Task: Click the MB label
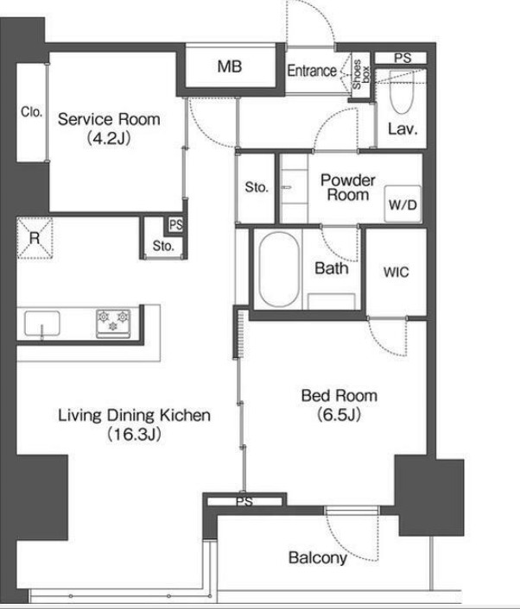click(x=230, y=66)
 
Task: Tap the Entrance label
click(x=312, y=71)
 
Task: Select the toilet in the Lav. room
click(x=402, y=92)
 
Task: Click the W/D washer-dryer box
click(x=403, y=204)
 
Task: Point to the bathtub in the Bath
click(x=279, y=269)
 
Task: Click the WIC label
click(x=396, y=272)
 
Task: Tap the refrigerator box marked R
click(x=35, y=238)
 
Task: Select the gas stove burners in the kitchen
click(x=113, y=323)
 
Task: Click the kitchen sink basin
click(x=42, y=323)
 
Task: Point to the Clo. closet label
click(x=31, y=112)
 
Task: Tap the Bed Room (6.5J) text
click(x=339, y=405)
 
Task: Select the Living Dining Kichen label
click(x=134, y=416)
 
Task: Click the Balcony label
click(x=318, y=558)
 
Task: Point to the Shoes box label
click(x=361, y=74)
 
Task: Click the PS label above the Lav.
click(x=403, y=58)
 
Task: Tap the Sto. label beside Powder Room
click(x=257, y=187)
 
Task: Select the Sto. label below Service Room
click(x=163, y=246)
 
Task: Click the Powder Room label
click(x=348, y=187)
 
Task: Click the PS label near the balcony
click(x=244, y=502)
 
